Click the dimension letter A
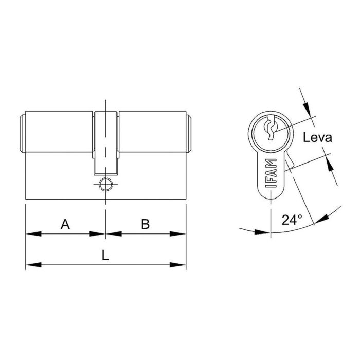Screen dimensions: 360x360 [x=65, y=224]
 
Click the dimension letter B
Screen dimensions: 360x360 [x=145, y=224]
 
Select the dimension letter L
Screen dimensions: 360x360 [x=105, y=256]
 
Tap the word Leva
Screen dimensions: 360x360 [x=317, y=138]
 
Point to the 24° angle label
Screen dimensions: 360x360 [x=292, y=220]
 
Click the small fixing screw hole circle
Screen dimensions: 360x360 [x=105, y=184]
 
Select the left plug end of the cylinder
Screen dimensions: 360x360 [x=23, y=133]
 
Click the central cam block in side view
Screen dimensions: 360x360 [x=105, y=141]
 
